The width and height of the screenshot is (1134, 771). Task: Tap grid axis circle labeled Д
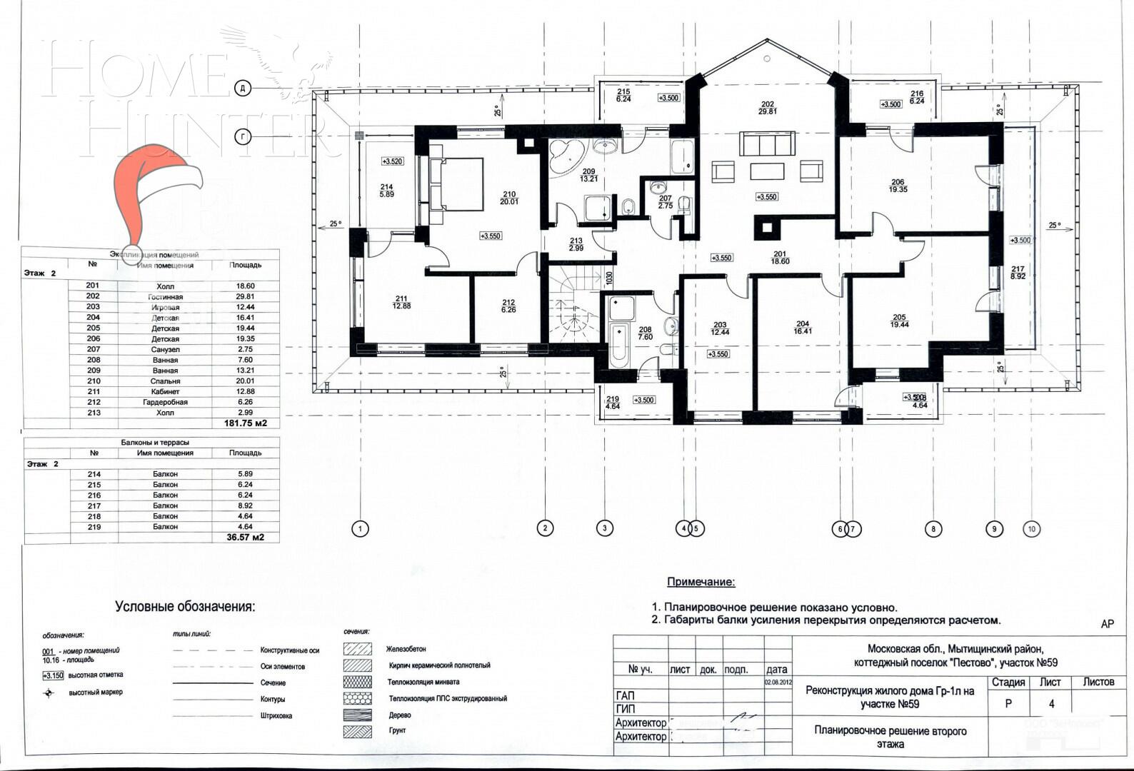pos(244,89)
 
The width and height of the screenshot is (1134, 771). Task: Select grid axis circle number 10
pos(1030,529)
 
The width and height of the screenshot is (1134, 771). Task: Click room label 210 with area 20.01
pos(509,198)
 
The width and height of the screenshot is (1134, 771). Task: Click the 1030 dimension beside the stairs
pos(609,278)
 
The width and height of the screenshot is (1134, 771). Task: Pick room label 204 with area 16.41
pos(802,327)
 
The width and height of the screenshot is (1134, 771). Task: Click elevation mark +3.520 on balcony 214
pos(392,161)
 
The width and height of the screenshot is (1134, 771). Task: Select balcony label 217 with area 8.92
pos(1018,272)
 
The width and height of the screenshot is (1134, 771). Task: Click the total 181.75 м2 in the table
pos(246,423)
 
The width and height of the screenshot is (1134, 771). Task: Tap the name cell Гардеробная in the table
pos(165,402)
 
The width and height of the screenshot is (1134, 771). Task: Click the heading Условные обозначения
pos(185,607)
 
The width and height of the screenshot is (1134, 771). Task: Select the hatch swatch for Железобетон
pos(357,649)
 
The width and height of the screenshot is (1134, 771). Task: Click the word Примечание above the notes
pos(701,583)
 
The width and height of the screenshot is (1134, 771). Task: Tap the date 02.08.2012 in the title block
pos(777,682)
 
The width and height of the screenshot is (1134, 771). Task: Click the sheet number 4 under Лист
pos(1051,703)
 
